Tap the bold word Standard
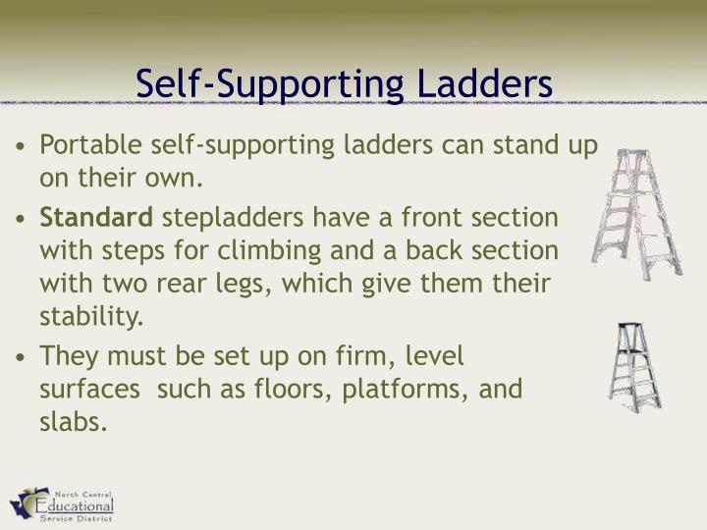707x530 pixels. click(x=96, y=216)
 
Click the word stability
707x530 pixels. click(x=91, y=318)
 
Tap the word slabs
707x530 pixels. click(x=72, y=424)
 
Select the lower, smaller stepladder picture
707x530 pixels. click(x=633, y=366)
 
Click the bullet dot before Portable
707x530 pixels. click(x=22, y=147)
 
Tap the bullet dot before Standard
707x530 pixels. click(x=22, y=218)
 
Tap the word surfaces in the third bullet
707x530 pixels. click(x=88, y=390)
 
